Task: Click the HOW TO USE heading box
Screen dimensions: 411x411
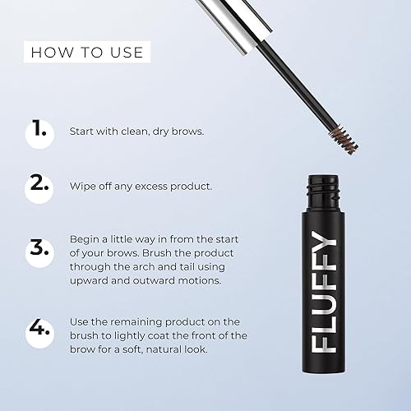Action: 86,53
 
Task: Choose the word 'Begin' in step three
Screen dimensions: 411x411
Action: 88,238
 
